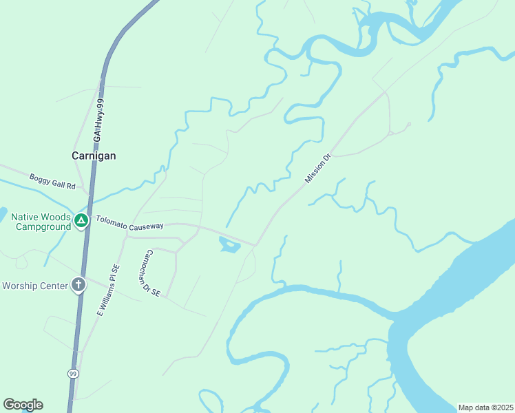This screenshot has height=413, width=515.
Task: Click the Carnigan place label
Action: coord(94,156)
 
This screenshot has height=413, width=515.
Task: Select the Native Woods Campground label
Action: coord(41,222)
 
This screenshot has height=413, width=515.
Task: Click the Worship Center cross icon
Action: coord(78,284)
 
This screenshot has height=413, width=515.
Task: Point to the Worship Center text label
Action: coord(36,285)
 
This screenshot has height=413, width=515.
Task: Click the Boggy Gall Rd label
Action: coord(52,181)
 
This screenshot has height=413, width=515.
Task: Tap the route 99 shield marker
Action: coord(72,373)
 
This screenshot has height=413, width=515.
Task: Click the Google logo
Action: coord(23,405)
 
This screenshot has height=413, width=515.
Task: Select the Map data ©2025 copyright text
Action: coord(485,407)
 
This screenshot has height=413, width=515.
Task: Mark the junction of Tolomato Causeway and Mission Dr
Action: coord(255,244)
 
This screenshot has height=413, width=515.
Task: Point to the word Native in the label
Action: coord(25,217)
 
